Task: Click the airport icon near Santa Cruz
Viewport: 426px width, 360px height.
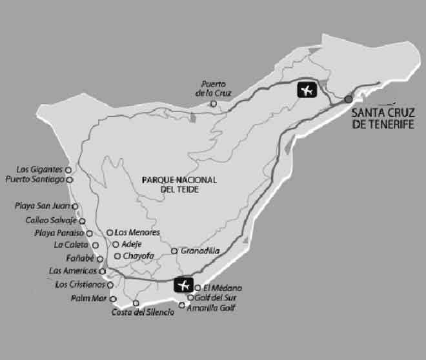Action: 307,90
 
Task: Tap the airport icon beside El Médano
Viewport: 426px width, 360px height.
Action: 184,285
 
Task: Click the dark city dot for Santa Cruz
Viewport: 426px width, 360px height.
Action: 349,99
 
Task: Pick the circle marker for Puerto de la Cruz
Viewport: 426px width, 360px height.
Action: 213,103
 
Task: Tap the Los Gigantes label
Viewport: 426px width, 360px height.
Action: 41,169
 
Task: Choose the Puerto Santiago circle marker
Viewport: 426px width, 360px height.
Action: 69,179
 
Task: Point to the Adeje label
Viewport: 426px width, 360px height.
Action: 131,244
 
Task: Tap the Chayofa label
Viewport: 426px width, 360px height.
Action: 138,256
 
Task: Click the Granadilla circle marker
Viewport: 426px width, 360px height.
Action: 174,250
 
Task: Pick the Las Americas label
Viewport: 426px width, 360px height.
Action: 72,271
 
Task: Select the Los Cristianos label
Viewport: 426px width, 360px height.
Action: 80,285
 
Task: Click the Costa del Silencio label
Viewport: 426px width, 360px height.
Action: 143,313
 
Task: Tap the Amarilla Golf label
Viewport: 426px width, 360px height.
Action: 211,308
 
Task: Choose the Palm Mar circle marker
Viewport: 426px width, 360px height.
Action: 113,299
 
